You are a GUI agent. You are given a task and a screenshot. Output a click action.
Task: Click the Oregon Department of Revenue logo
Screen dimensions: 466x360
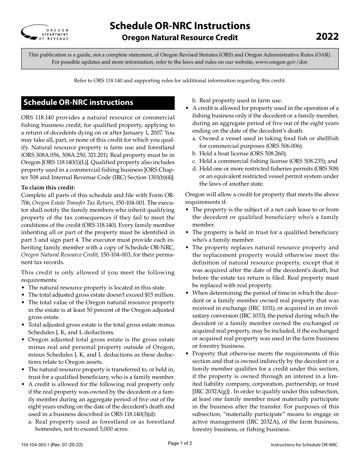(45, 33)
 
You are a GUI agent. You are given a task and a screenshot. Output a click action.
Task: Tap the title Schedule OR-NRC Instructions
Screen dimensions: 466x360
(180, 25)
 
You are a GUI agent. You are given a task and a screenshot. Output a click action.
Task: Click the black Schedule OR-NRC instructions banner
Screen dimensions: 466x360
(98, 103)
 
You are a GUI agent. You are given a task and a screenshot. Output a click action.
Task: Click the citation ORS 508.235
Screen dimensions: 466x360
(294, 161)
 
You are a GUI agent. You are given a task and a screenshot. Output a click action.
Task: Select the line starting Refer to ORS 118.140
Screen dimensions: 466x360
(180, 80)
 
